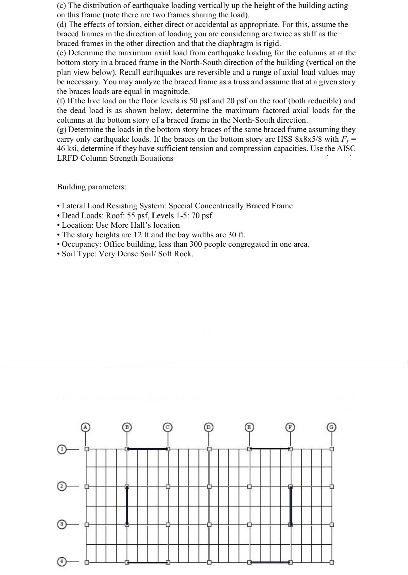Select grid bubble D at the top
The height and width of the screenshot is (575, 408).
(209, 427)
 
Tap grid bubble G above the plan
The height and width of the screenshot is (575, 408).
(331, 427)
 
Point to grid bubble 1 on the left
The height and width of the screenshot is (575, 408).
(61, 449)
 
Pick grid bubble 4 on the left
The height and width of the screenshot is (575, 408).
(61, 562)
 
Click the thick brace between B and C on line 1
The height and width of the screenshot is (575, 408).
(147, 449)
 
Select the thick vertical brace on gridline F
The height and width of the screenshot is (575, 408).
(291, 506)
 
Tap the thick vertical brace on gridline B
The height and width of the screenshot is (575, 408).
(127, 506)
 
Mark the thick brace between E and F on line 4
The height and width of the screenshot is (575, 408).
(270, 562)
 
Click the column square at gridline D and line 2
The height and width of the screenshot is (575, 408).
(209, 487)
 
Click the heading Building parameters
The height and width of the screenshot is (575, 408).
(92, 187)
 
